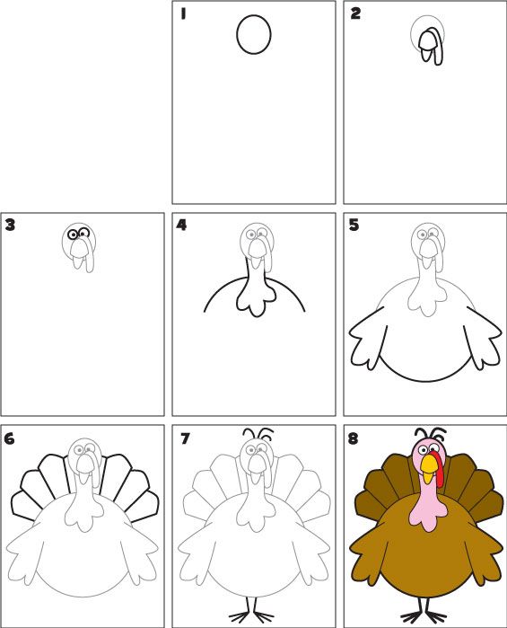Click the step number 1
[x=183, y=13]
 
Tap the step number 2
[x=355, y=13]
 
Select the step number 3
[x=11, y=225]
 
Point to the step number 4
[x=182, y=225]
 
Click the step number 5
[x=354, y=225]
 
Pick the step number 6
[x=11, y=439]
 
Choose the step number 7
[x=185, y=439]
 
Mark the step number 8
[x=355, y=439]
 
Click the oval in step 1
[x=254, y=36]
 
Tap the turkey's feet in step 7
[x=252, y=615]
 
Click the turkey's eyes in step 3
[x=78, y=235]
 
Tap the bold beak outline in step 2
[x=431, y=45]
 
